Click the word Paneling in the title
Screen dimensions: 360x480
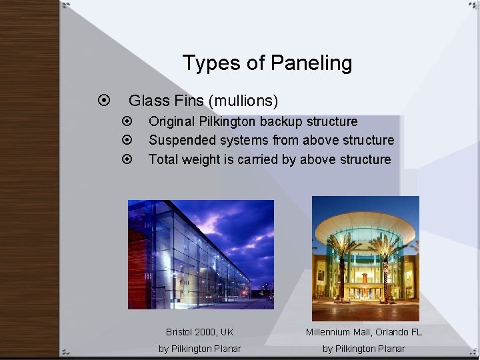pos(311,64)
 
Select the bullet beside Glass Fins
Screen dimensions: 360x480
pos(103,101)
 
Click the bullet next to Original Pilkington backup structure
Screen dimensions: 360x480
pos(129,122)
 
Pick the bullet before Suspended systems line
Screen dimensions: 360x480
pos(129,141)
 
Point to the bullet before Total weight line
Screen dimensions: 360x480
pos(129,159)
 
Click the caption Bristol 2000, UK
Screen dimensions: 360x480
pos(200,332)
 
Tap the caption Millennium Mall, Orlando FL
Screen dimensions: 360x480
pos(364,332)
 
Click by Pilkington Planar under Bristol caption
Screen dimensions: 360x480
pos(200,349)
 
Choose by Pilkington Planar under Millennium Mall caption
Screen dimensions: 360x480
pos(364,349)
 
